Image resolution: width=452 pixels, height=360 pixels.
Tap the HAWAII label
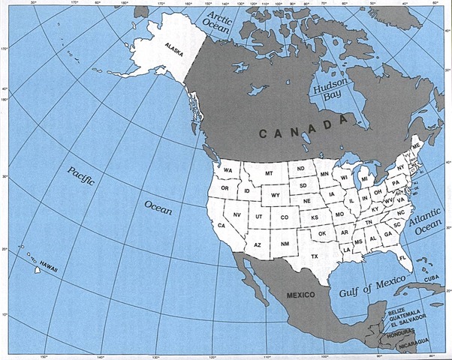click(x=50, y=266)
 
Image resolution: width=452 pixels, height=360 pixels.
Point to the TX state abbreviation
click(x=315, y=256)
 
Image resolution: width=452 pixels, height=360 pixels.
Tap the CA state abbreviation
click(x=221, y=225)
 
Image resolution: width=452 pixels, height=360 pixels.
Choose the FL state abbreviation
click(x=402, y=257)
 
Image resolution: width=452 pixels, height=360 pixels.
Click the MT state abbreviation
click(x=268, y=174)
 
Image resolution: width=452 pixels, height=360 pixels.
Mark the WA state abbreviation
click(x=227, y=170)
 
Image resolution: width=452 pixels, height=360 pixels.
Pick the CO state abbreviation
click(x=284, y=217)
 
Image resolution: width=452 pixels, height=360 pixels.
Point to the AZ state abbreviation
click(x=257, y=244)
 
